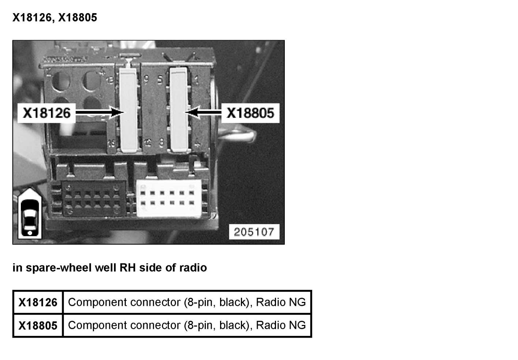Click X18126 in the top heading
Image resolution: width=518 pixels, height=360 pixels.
coord(32,18)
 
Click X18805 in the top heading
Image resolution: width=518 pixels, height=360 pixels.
coord(78,18)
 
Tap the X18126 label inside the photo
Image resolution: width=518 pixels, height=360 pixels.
coord(46,113)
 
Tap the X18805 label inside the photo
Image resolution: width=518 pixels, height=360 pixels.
coord(250,113)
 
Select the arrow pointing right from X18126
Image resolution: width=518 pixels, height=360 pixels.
coord(99,112)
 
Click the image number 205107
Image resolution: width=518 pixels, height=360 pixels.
coord(254,232)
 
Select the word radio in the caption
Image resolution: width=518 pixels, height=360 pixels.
coord(193,268)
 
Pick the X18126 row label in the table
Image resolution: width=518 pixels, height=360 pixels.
coord(38,303)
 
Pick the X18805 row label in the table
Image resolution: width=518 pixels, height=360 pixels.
coord(38,325)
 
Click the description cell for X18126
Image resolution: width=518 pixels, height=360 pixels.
coord(187,303)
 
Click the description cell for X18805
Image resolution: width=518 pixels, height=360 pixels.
coord(187,325)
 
